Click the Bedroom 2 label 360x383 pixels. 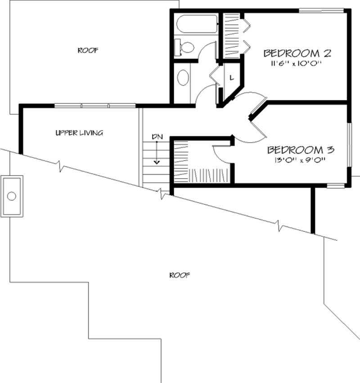pos(297,53)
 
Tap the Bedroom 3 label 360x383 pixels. pos(300,149)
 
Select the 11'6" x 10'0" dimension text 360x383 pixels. pos(297,64)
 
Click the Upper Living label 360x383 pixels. pos(79,133)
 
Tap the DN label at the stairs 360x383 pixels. pos(157,135)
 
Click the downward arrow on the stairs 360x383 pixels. pos(157,155)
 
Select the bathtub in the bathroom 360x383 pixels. pos(196,24)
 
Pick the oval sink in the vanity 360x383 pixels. pos(183,77)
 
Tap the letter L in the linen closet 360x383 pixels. pos(231,77)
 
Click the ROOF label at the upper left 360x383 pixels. pos(88,50)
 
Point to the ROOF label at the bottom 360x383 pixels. pos(179,275)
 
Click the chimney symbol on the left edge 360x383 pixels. pos(12,196)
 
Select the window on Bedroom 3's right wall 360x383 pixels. pos(349,144)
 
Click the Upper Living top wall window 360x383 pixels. pos(95,106)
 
